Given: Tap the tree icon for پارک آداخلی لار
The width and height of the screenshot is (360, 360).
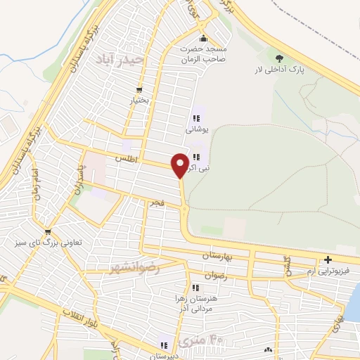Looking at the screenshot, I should pyautogui.click(x=281, y=59).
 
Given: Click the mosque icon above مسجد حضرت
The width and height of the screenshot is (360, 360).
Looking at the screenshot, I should pyautogui.click(x=203, y=38).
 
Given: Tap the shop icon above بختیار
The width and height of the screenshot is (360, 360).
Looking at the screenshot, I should pyautogui.click(x=139, y=89).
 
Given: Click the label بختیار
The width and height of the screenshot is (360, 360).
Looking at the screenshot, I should pyautogui.click(x=139, y=101).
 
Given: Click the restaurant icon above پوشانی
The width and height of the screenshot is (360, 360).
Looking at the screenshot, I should pyautogui.click(x=195, y=119).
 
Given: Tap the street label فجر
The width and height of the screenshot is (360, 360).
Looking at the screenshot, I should pyautogui.click(x=155, y=202).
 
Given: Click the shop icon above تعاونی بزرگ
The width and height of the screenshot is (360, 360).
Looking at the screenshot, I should pyautogui.click(x=48, y=232).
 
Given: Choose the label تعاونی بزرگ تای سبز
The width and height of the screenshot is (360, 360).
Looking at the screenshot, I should pyautogui.click(x=48, y=243).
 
